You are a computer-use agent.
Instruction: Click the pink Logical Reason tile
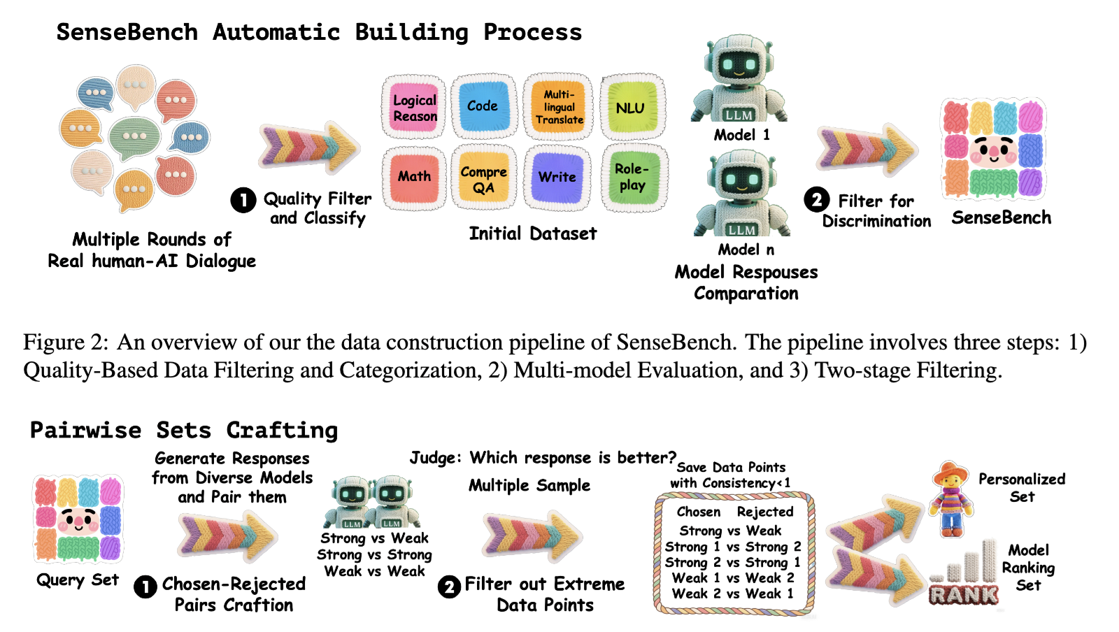click(x=414, y=108)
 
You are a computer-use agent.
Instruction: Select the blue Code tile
click(x=483, y=106)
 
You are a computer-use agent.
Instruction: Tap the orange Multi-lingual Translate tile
click(x=559, y=107)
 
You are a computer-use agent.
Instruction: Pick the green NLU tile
click(x=632, y=107)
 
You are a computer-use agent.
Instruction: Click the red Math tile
click(x=414, y=177)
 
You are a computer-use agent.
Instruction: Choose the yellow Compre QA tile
click(x=483, y=178)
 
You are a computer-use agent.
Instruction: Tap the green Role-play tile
click(x=634, y=177)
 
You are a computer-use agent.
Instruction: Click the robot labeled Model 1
click(x=739, y=78)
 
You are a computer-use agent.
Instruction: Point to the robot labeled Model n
click(x=742, y=194)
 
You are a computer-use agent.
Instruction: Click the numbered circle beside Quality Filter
click(x=243, y=200)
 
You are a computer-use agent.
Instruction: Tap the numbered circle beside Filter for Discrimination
click(x=817, y=200)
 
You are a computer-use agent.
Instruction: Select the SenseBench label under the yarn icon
click(x=1001, y=217)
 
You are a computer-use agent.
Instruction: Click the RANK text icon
click(x=964, y=594)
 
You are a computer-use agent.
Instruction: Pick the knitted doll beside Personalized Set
click(x=951, y=499)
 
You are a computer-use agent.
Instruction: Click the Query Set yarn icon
click(x=78, y=519)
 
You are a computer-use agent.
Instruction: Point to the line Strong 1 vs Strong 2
click(x=733, y=547)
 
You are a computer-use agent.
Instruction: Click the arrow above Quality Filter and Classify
click(x=310, y=148)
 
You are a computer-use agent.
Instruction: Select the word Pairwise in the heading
click(x=86, y=431)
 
